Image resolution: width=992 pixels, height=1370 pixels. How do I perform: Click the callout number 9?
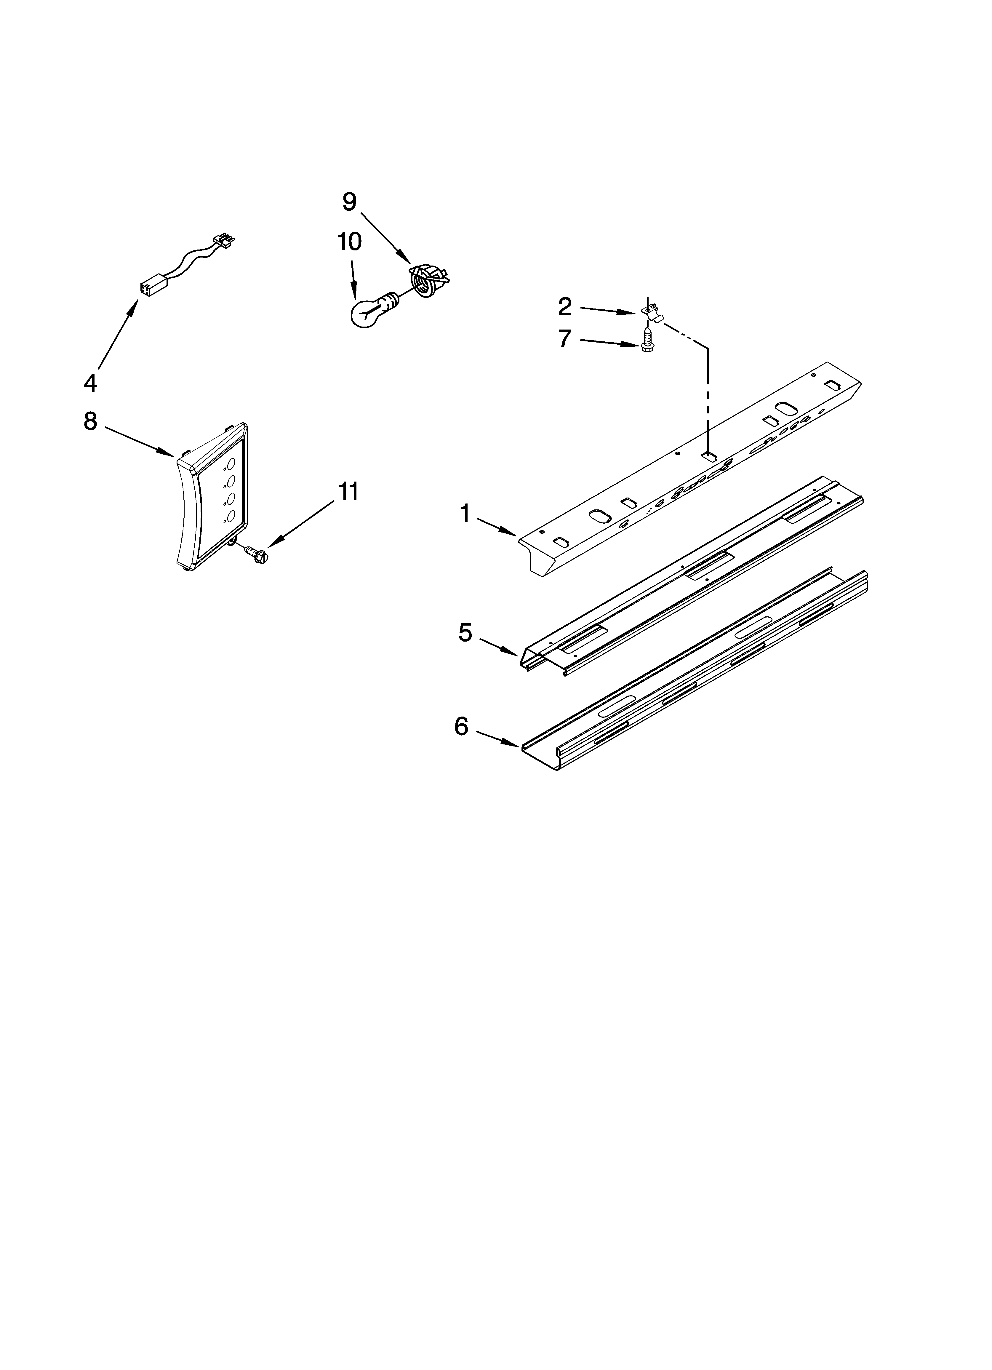click(x=349, y=202)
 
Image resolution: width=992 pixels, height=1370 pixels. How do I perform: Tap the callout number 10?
click(x=349, y=242)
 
